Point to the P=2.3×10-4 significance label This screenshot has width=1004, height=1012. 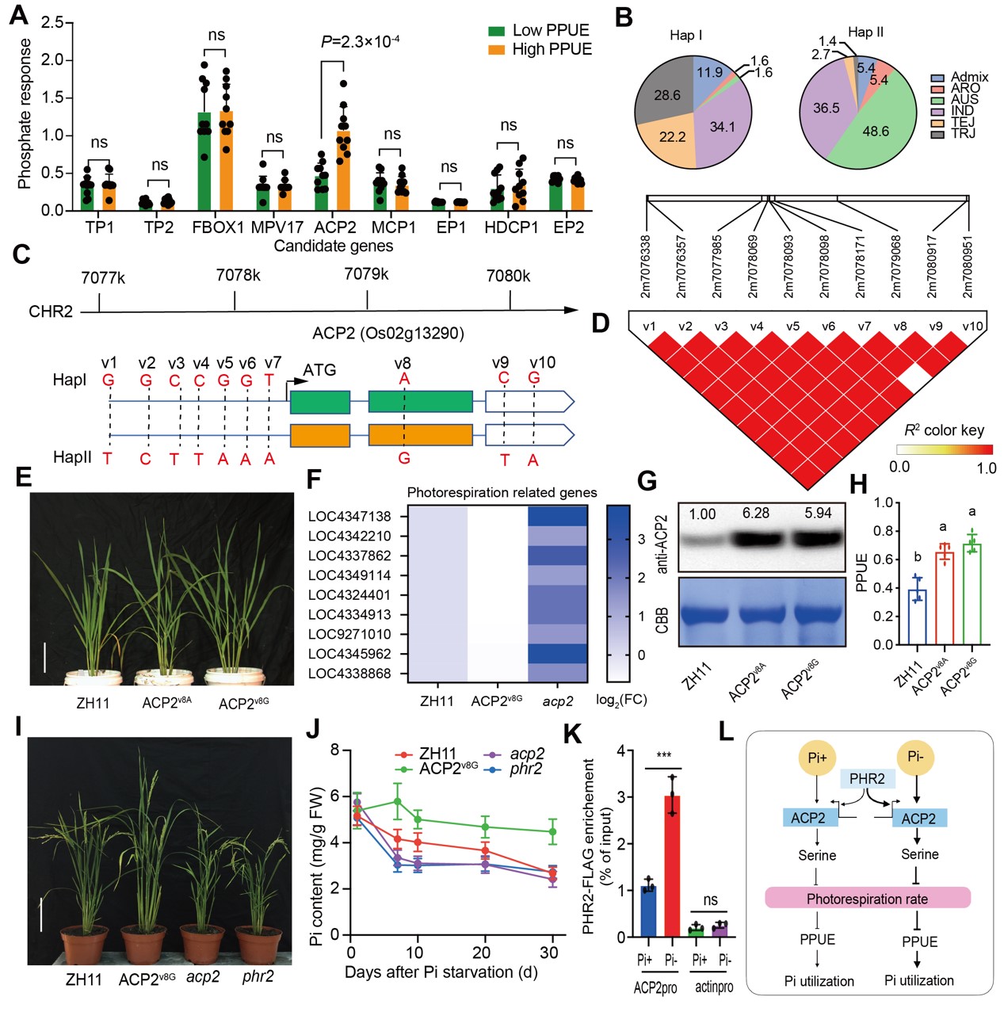[x=360, y=42]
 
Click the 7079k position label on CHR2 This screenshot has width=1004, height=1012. [x=366, y=274]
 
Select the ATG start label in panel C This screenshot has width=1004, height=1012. [x=319, y=370]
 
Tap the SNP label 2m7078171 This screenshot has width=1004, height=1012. [x=860, y=265]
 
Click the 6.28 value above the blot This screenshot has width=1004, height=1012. [x=755, y=514]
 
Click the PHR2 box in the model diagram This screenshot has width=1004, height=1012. [x=866, y=779]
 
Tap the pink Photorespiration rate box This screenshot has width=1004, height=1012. [x=867, y=899]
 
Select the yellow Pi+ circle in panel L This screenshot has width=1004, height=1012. [x=816, y=758]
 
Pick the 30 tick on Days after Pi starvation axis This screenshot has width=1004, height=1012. [x=548, y=953]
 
